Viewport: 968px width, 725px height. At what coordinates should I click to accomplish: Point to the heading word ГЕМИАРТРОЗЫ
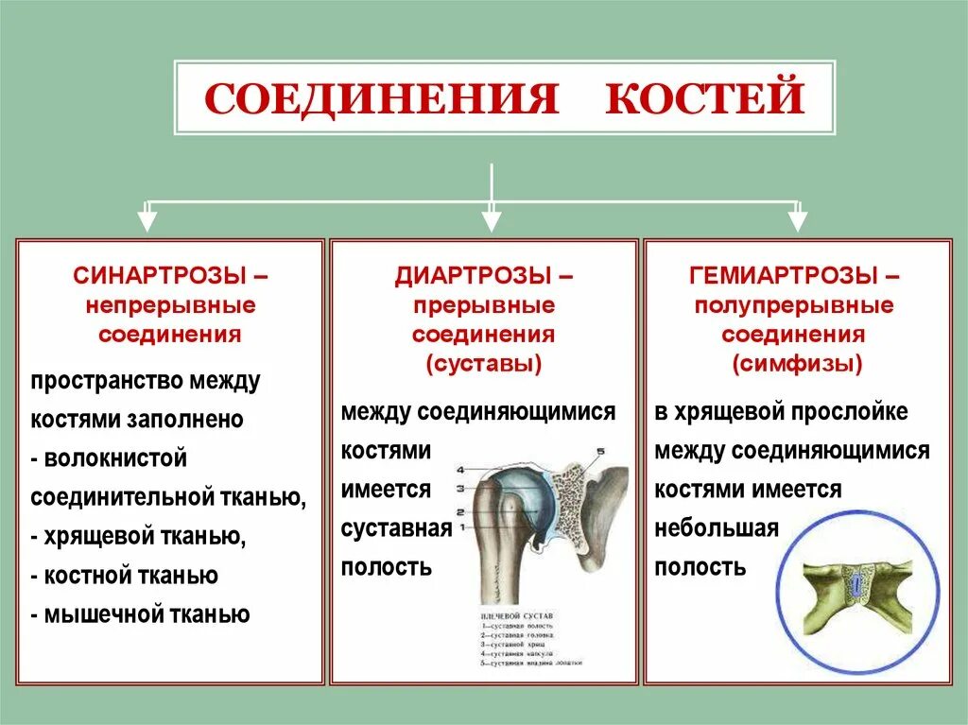pos(784,277)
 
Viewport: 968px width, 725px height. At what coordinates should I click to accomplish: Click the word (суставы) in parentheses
pos(484,364)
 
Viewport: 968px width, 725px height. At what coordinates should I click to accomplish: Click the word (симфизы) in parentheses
pos(796,364)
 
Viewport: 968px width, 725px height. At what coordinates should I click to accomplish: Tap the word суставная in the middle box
pos(396,528)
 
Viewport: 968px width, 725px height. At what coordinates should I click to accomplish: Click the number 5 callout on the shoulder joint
pos(598,452)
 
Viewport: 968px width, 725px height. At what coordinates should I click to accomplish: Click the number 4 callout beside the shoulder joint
pos(460,470)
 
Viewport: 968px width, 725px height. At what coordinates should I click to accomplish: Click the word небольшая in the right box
pos(716,528)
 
